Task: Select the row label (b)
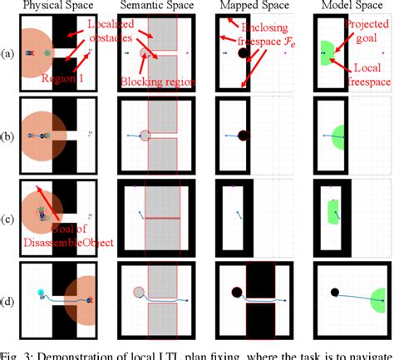[7, 135]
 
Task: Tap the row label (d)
[7, 293]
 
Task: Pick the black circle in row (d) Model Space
[334, 292]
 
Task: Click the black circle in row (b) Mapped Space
[243, 135]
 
